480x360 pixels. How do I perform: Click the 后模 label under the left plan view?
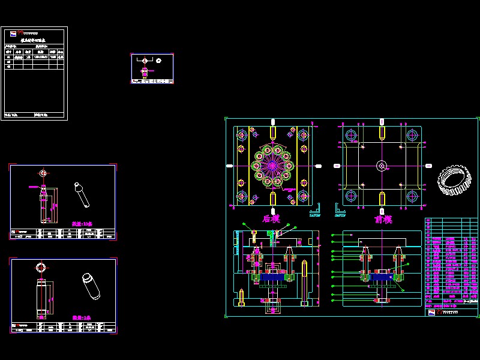tap(271, 219)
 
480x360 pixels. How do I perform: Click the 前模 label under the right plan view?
tap(383, 219)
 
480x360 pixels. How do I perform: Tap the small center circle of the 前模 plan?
tap(382, 165)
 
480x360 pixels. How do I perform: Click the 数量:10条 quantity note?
tap(82, 224)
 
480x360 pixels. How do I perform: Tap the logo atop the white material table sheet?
tap(13, 32)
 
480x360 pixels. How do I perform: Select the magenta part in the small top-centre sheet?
tap(144, 71)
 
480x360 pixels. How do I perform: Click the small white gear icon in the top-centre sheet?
tap(158, 60)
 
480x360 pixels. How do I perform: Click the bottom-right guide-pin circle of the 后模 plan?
tap(304, 196)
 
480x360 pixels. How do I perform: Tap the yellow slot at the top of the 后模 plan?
tap(273, 131)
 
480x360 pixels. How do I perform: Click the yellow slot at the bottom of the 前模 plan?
tap(382, 197)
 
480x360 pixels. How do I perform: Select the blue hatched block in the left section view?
tap(273, 278)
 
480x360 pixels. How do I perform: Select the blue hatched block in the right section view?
tap(381, 278)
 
